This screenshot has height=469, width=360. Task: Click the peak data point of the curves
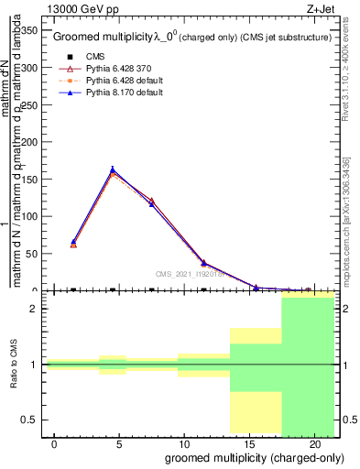click(113, 169)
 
